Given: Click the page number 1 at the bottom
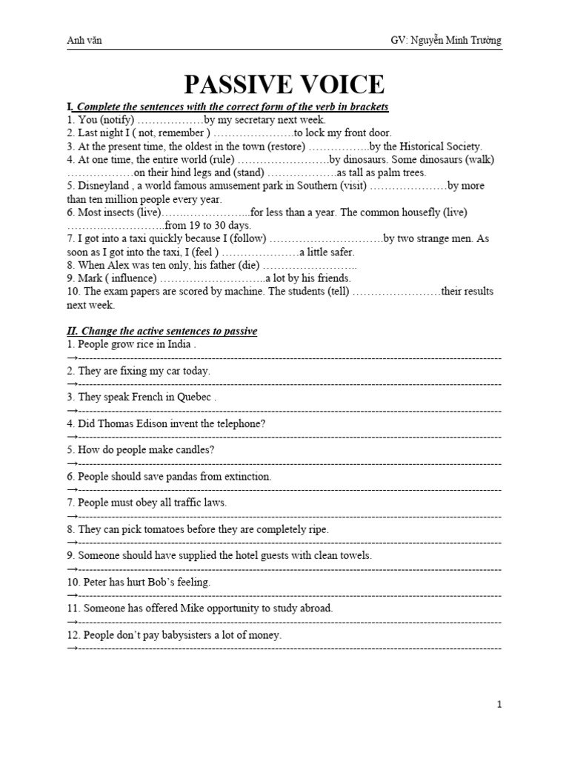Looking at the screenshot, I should (x=499, y=705).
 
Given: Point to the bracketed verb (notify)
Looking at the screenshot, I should (x=115, y=120).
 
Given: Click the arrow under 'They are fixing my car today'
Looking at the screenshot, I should (x=72, y=384).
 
